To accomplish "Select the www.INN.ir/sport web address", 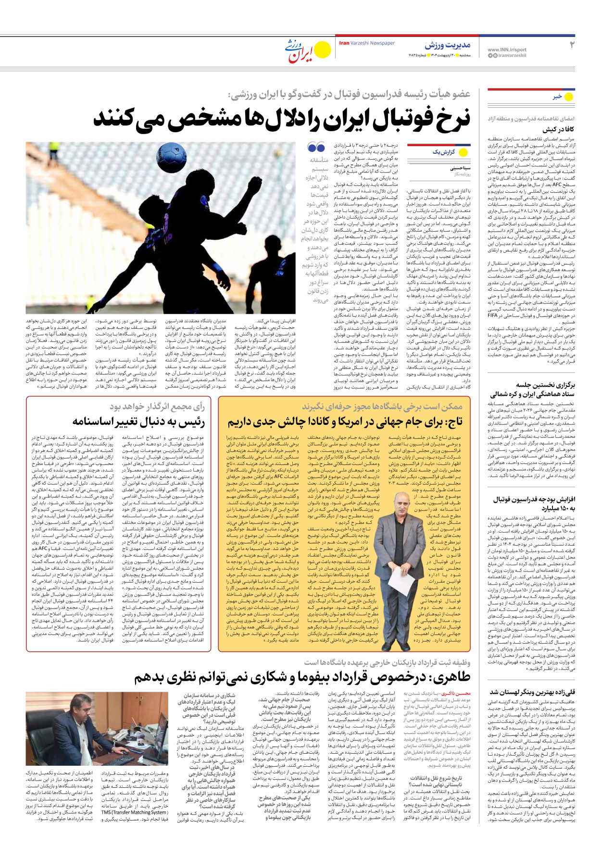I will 507,50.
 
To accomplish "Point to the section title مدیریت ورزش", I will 447,45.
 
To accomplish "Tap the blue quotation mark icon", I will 316,148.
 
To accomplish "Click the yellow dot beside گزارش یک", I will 463,153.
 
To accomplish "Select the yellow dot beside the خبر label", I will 569,97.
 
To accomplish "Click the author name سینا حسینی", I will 460,168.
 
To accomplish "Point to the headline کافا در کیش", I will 558,129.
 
